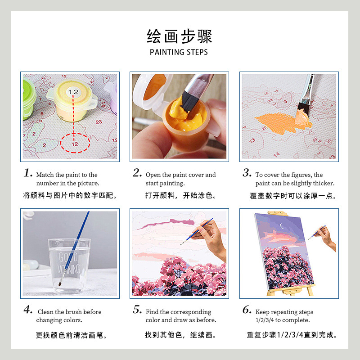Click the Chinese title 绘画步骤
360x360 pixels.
[x=179, y=36]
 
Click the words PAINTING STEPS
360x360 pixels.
[x=179, y=52]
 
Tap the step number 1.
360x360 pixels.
[x=28, y=173]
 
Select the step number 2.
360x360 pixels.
[x=137, y=173]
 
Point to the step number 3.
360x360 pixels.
[x=247, y=173]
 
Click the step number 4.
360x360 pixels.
[x=28, y=310]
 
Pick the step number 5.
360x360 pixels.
[x=137, y=310]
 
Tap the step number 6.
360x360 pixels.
[x=247, y=310]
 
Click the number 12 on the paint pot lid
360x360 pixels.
[x=73, y=92]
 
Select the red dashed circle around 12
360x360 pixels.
[x=75, y=144]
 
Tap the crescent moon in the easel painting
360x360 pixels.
[x=282, y=226]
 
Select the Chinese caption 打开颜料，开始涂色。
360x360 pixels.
[x=180, y=196]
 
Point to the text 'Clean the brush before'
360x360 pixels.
[x=70, y=312]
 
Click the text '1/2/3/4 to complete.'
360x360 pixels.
[x=283, y=320]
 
